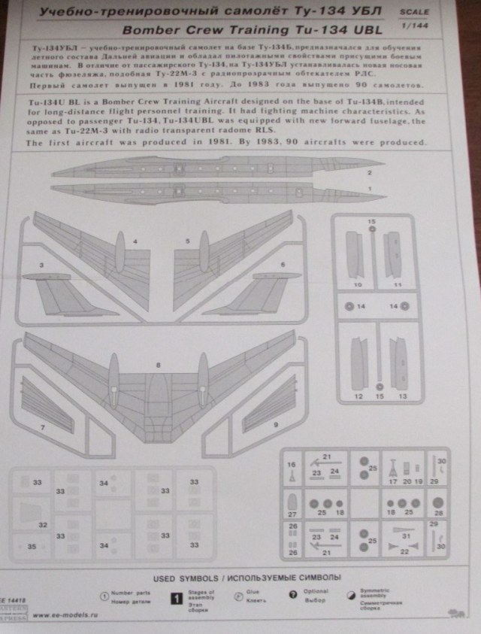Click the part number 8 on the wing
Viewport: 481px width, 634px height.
(x=158, y=365)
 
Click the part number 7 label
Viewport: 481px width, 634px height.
(x=43, y=427)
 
